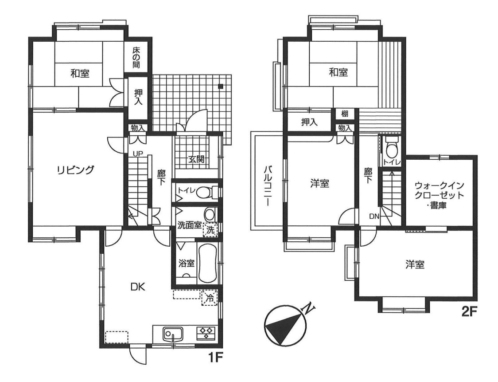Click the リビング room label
tap(76, 170)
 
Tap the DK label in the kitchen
tap(138, 287)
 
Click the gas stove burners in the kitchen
tap(206, 333)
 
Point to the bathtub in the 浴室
tap(207, 263)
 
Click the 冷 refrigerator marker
tap(210, 298)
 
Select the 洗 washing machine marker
tap(210, 230)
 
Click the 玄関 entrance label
tap(197, 159)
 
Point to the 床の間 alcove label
tap(136, 57)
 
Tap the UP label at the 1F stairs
tap(138, 154)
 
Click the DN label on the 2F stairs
tap(374, 217)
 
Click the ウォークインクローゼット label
tap(440, 190)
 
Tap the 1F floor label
tap(215, 358)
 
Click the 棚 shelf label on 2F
tap(345, 114)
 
